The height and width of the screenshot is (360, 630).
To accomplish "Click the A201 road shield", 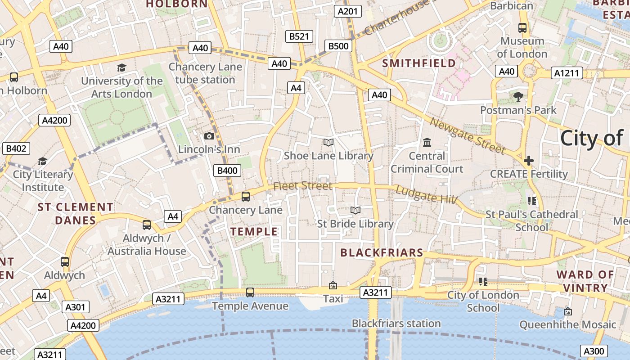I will coord(348,11).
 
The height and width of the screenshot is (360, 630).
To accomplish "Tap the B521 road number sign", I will coord(299,36).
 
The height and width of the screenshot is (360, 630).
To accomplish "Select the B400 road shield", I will coord(227,171).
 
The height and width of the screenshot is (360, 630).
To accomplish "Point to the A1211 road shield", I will coord(567,73).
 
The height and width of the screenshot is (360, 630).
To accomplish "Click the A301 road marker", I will coord(75,307).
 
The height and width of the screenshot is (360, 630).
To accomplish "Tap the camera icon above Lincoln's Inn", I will coord(209,136).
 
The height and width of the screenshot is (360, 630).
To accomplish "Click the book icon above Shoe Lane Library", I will coord(328,143).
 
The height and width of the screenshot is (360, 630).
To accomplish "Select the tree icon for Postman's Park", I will coord(518,96).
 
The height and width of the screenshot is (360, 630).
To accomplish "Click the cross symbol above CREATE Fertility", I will coord(529,160).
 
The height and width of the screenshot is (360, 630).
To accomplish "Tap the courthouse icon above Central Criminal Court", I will coord(427,143).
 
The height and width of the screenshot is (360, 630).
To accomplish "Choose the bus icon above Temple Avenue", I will coord(250,292).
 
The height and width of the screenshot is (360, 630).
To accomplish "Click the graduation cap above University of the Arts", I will coord(121,67).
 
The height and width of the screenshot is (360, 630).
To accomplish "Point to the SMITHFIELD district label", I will coord(419,63).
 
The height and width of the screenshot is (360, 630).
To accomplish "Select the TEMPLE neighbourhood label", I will coord(254,232).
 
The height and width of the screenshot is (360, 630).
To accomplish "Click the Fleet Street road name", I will coord(303,186).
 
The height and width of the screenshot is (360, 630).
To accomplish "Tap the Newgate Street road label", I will coord(468,135).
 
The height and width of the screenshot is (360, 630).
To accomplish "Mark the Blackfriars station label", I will coord(396,324).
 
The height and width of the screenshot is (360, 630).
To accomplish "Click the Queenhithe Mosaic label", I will coord(567,324).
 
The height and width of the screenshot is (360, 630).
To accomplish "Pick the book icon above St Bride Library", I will coord(355,210).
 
